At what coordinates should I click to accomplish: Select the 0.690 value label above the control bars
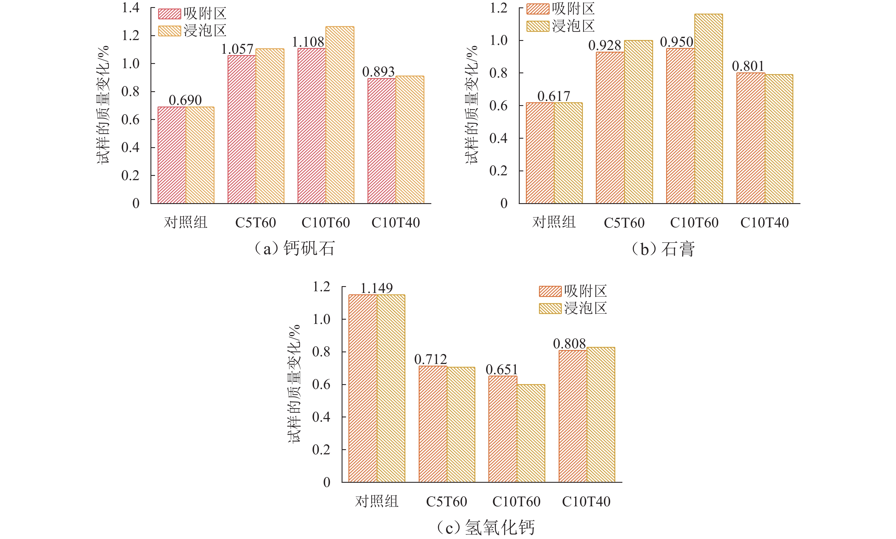click(185, 100)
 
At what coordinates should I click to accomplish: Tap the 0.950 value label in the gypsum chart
click(677, 42)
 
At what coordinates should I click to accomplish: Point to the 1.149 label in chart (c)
click(377, 288)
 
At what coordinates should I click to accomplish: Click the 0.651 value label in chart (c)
click(501, 370)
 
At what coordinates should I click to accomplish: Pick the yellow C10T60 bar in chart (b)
click(709, 109)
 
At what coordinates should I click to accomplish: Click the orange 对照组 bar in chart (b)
click(540, 153)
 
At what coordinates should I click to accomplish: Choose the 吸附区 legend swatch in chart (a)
click(169, 14)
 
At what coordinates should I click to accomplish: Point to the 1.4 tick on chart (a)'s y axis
click(131, 8)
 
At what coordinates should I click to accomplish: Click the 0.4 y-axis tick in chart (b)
click(498, 138)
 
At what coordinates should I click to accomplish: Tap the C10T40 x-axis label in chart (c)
click(586, 501)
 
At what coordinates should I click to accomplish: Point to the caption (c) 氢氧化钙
click(486, 527)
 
